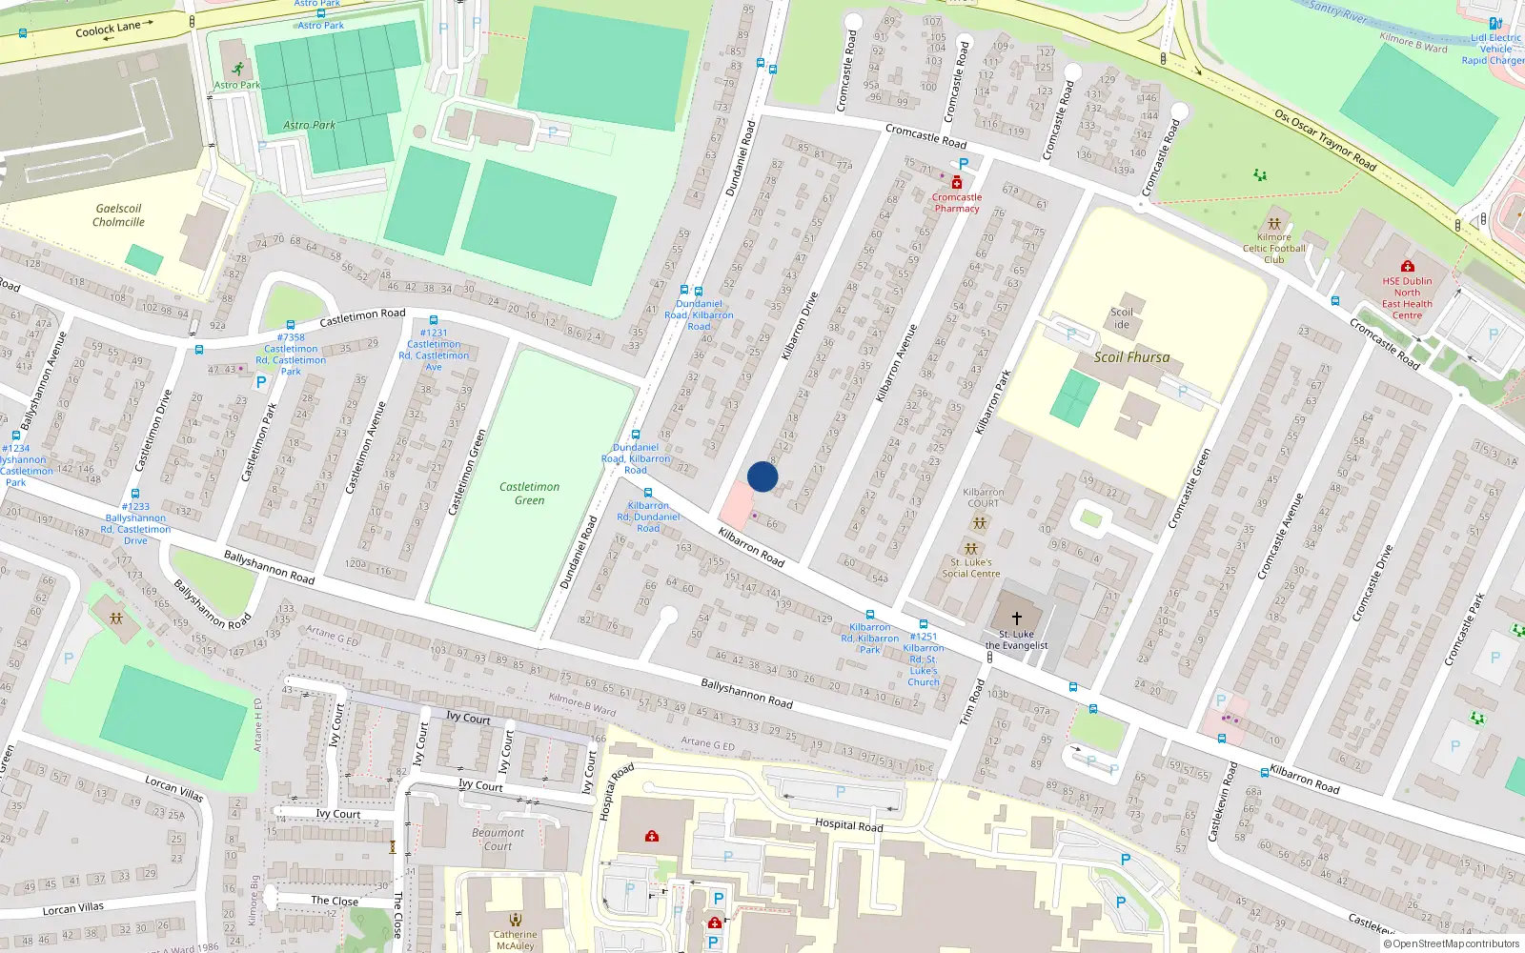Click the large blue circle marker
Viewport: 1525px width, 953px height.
[x=762, y=476]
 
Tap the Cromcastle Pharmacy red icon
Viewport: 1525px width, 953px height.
[x=957, y=183]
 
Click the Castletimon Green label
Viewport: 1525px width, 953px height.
[x=530, y=494]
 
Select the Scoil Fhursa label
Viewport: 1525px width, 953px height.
[x=1131, y=357]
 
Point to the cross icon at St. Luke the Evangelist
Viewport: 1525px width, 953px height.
[x=1016, y=618]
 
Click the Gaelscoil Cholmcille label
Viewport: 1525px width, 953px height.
[x=118, y=215]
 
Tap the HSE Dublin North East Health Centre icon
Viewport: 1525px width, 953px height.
[x=1407, y=266]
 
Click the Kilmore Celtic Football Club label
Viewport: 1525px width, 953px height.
[x=1274, y=248]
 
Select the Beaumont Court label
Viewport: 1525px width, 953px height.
[x=498, y=839]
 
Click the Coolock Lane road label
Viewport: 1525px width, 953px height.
[x=108, y=30]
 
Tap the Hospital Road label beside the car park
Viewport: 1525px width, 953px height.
[x=848, y=825]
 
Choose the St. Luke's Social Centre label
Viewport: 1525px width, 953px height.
[x=971, y=568]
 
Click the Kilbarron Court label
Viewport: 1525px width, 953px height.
[x=983, y=497]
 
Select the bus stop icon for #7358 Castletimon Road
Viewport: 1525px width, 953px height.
[x=290, y=325]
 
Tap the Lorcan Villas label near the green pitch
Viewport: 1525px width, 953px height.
[x=173, y=788]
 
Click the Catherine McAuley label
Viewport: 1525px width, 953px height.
[x=515, y=940]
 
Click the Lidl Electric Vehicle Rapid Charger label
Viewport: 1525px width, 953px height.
[x=1494, y=49]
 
